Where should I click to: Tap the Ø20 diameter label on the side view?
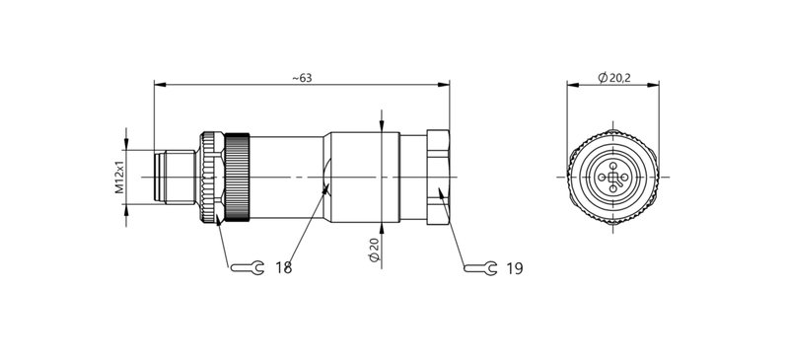pos(373,250)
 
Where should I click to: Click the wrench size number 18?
pos(284,267)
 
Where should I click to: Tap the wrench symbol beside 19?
pos(480,267)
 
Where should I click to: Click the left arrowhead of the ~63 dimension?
pos(159,86)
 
